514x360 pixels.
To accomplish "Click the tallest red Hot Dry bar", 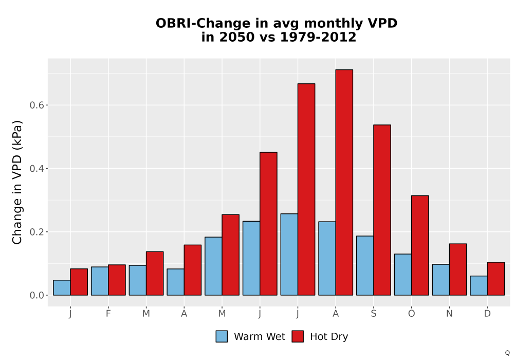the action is click(344, 182).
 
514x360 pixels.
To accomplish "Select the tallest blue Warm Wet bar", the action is click(289, 255).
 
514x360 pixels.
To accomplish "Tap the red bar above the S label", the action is click(382, 210).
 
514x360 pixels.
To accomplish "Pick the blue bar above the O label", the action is click(403, 275).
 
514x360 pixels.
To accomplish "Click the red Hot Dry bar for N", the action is click(458, 269).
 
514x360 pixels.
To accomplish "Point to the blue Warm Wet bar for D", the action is click(479, 285).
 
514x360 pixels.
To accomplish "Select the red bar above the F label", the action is click(117, 280).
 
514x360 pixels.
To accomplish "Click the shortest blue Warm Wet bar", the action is click(62, 287).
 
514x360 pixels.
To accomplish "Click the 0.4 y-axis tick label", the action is click(36, 169).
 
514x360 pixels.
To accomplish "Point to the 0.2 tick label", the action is click(36, 232).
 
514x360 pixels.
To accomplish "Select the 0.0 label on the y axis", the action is click(36, 295).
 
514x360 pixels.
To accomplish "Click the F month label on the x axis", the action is click(108, 314).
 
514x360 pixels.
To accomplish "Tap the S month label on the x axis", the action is click(373, 314).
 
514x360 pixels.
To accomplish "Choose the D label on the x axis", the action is click(487, 314).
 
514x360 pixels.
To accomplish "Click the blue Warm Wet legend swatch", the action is click(222, 336).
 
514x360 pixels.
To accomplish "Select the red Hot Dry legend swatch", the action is click(298, 336).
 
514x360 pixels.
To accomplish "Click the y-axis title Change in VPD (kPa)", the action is click(17, 182).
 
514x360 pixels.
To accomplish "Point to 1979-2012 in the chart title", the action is click(318, 37).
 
